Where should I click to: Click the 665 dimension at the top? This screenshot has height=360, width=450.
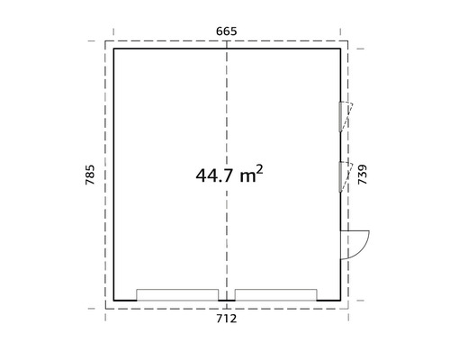pyautogui.click(x=226, y=31)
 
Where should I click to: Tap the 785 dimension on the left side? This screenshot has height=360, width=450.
pyautogui.click(x=89, y=175)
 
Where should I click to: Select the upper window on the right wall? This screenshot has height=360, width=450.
pyautogui.click(x=342, y=117)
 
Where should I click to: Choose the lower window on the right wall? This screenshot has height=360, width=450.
pyautogui.click(x=342, y=175)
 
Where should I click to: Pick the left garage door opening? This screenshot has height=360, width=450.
pyautogui.click(x=177, y=295)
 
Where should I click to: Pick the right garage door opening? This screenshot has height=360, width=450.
pyautogui.click(x=275, y=295)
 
